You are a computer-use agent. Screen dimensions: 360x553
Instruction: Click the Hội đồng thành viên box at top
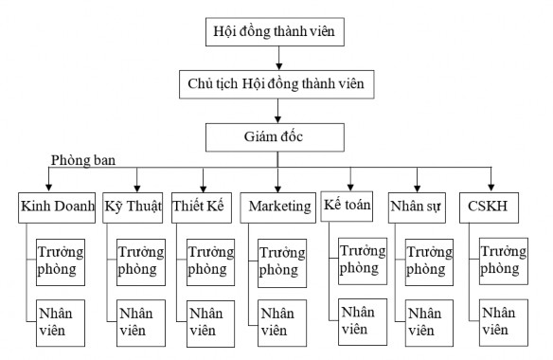coord(275,32)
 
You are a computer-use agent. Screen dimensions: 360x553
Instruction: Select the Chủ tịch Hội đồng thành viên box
coord(275,84)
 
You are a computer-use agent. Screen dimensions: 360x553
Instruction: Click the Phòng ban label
coord(83,161)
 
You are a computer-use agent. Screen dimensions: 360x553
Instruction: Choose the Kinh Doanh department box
coord(56,207)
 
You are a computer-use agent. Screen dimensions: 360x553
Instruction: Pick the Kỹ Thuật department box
coord(133,207)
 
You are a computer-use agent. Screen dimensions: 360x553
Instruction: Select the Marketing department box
coord(278,207)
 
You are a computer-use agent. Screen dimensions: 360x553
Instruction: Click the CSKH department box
coord(490,207)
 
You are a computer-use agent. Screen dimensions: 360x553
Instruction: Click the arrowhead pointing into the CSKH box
coord(491,188)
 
